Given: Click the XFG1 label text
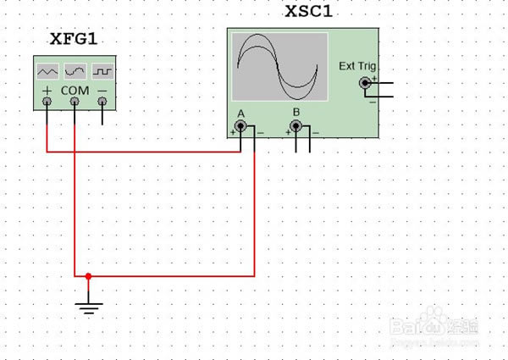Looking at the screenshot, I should click(74, 40).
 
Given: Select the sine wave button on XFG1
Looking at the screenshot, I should click(75, 69).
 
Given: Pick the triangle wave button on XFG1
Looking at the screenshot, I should click(47, 69).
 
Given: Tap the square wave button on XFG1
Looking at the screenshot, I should click(103, 69).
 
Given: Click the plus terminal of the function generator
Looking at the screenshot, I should click(47, 102).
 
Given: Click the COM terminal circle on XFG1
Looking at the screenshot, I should click(75, 102).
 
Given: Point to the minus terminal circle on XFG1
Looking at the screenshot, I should click(102, 102).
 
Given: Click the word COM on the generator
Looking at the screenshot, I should click(75, 88).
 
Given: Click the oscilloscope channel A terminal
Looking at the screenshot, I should click(240, 127).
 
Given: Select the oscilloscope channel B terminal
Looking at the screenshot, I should click(295, 127).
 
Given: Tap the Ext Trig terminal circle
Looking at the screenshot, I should click(365, 83).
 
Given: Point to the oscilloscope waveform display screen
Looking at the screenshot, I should click(279, 66).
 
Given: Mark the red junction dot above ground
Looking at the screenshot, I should click(88, 275).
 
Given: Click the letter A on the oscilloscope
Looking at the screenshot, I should click(241, 113).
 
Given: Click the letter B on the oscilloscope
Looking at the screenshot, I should click(296, 112).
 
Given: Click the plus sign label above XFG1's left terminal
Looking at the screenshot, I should click(47, 88).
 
